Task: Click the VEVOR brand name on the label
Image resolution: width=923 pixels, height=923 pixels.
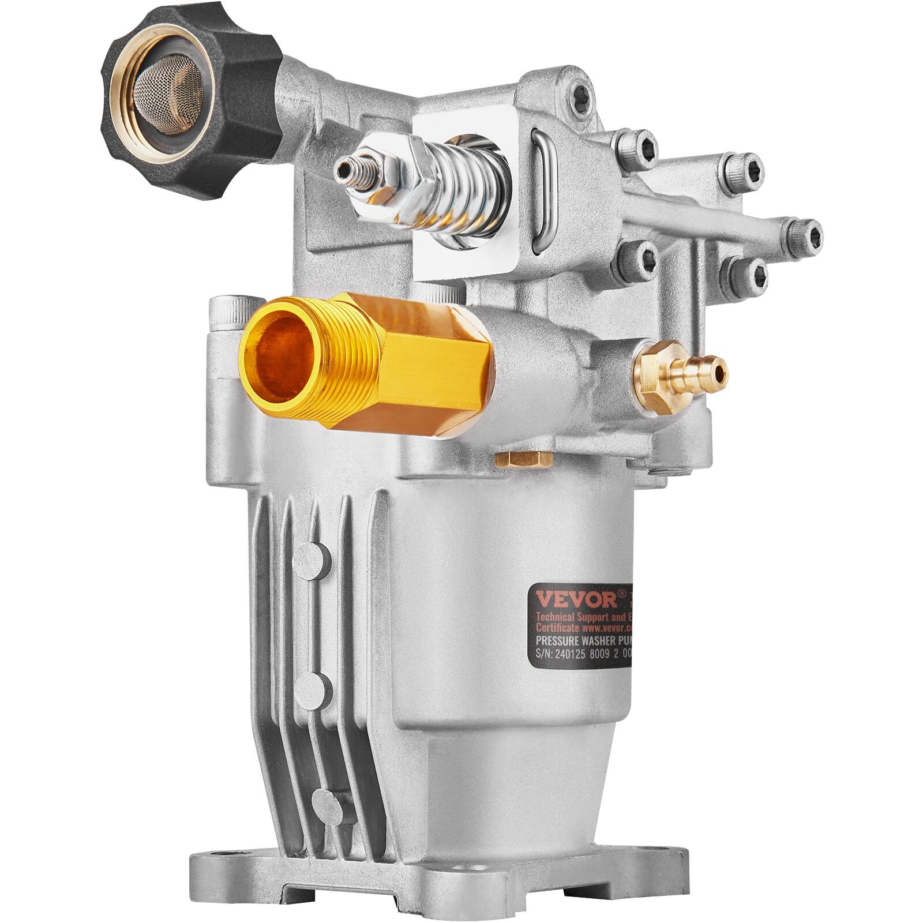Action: point(576,599)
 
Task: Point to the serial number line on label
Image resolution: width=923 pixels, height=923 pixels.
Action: point(583,654)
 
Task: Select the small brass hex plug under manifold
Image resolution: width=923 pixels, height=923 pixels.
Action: point(524,459)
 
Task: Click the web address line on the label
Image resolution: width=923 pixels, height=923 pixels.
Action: point(583,627)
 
